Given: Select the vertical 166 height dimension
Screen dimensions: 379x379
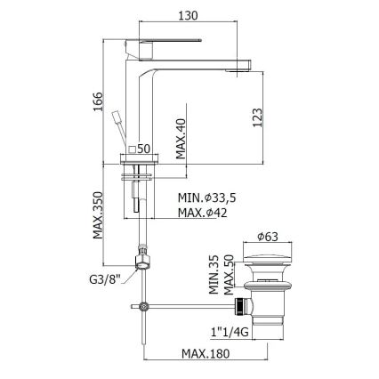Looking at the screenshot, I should [98, 102].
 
